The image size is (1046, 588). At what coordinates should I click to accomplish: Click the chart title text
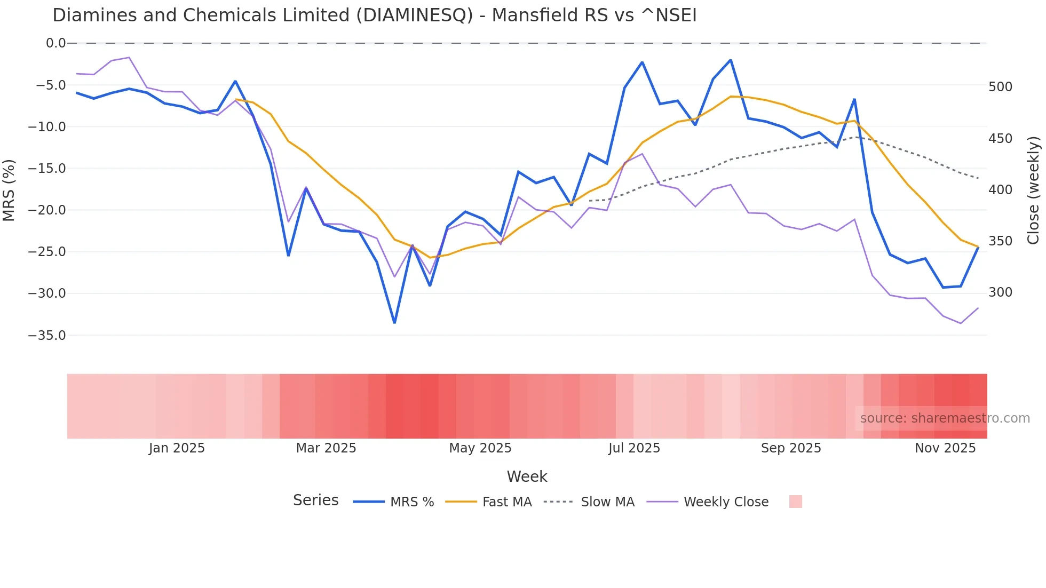pyautogui.click(x=374, y=15)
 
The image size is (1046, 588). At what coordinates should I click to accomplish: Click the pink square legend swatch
pyautogui.click(x=795, y=502)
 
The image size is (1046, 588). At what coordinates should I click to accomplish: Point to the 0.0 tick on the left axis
pyautogui.click(x=56, y=43)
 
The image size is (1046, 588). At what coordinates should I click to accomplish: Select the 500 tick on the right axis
pyautogui.click(x=1000, y=87)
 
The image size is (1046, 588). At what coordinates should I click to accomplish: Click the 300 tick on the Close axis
pyautogui.click(x=1000, y=292)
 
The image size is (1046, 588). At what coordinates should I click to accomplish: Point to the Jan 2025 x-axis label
pyautogui.click(x=177, y=448)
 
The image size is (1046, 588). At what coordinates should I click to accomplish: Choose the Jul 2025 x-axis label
pyautogui.click(x=634, y=448)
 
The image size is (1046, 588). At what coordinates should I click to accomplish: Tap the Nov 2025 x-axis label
pyautogui.click(x=945, y=448)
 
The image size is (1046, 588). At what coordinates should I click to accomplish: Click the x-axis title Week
pyautogui.click(x=527, y=476)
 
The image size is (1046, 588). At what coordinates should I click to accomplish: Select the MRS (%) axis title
pyautogui.click(x=9, y=190)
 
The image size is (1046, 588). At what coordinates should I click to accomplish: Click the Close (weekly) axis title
pyautogui.click(x=1034, y=190)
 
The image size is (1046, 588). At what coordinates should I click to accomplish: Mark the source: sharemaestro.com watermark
pyautogui.click(x=945, y=418)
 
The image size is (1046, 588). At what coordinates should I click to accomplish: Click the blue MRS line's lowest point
pyautogui.click(x=394, y=323)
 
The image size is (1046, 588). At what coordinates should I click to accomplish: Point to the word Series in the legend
pyautogui.click(x=315, y=500)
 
